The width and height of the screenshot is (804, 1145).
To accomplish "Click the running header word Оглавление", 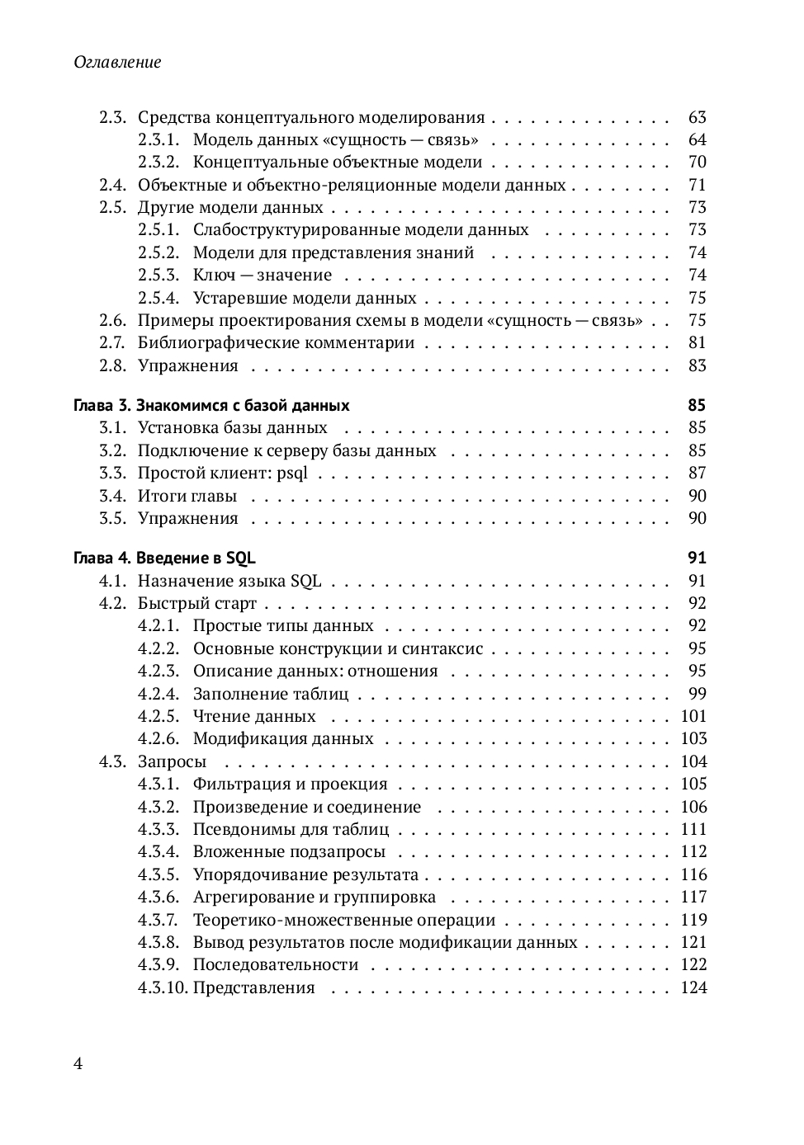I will [117, 62].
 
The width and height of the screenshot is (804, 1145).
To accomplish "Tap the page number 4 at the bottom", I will [78, 1063].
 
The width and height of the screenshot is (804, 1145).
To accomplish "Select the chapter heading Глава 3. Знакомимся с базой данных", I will [211, 406].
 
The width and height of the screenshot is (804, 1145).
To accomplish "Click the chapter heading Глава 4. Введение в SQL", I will [164, 558].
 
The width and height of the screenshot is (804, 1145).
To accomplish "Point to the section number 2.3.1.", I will [158, 140].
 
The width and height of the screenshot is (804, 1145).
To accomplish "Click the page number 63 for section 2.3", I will [697, 118].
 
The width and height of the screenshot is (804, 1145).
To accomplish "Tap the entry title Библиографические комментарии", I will [276, 343].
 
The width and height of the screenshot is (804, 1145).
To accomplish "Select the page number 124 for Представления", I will [693, 988].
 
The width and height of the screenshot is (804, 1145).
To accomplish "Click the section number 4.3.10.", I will [163, 988].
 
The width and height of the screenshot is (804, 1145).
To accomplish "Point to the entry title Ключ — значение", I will [262, 276].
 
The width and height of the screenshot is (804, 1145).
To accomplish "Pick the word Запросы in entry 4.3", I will [172, 762].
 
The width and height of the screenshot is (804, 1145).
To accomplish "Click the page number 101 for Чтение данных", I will [693, 717].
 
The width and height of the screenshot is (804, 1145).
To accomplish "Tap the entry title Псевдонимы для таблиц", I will [291, 830].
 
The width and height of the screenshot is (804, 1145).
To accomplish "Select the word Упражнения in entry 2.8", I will [187, 366].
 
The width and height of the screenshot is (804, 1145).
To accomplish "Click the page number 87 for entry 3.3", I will [697, 474].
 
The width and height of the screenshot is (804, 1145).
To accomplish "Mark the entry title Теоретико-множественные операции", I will [343, 921].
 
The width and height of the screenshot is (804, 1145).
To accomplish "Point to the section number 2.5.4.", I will [158, 299].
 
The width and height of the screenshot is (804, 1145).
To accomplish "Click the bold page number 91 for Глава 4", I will [697, 558].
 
